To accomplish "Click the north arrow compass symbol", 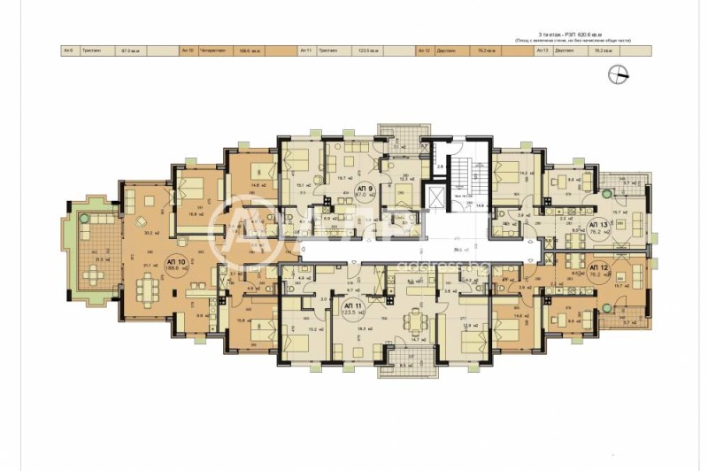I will click(x=619, y=76).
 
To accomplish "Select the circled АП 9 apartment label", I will click(x=363, y=192).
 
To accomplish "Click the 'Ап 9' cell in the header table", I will click(x=68, y=51).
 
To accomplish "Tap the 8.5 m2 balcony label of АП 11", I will click(x=407, y=363).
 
